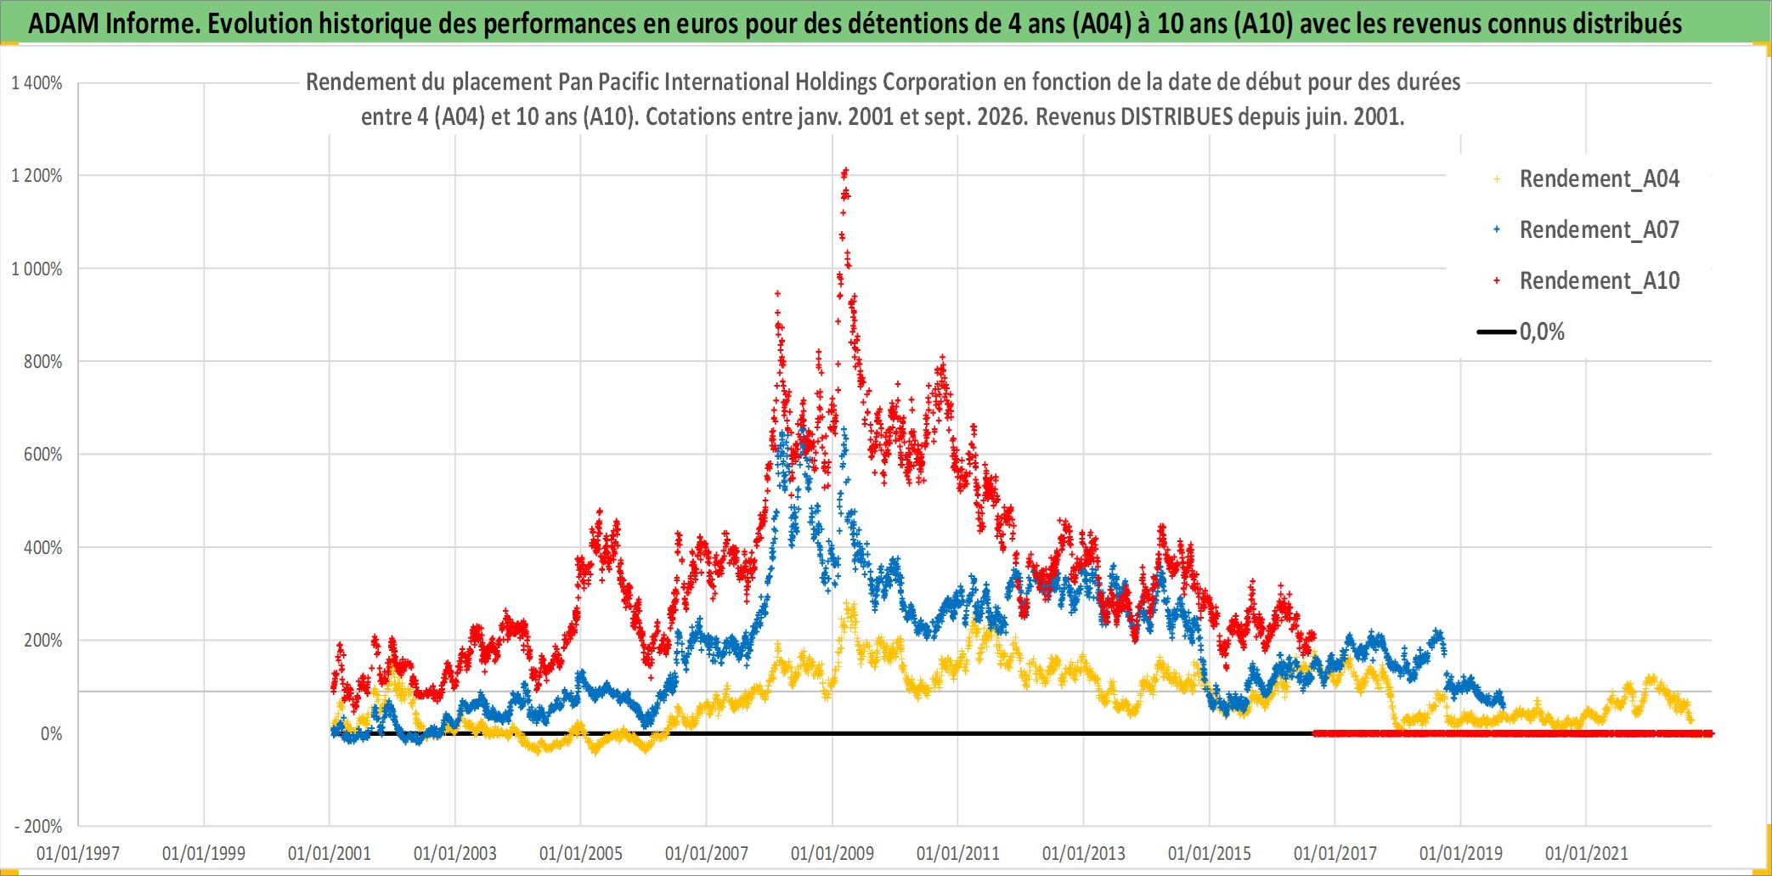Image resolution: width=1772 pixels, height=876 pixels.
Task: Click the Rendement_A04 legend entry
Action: pos(1586,179)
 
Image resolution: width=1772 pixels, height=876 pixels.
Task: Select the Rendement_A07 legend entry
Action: pos(1586,230)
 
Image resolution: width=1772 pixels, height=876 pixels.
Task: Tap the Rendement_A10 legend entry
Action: pos(1586,281)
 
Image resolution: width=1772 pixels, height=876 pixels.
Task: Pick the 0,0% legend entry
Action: pos(1521,331)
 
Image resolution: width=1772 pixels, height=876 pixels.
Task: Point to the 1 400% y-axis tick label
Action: pos(37,83)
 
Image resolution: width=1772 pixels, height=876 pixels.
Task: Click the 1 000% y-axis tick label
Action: pos(37,269)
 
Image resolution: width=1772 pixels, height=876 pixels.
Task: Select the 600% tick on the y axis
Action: pos(42,455)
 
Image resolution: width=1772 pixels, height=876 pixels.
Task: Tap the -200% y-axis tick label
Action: pos(39,826)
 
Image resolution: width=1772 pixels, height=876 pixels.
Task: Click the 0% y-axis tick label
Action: pos(51,734)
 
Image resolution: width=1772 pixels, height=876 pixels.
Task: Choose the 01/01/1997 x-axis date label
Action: pos(78,853)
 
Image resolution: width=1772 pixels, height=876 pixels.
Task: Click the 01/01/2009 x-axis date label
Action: pos(832,853)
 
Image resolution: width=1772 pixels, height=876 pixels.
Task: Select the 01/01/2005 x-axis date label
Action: pos(581,853)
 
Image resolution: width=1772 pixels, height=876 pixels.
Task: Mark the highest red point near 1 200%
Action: pos(845,171)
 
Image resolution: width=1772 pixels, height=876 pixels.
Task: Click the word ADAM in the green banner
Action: pos(64,24)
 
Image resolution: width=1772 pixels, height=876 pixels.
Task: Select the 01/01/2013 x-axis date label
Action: pos(1084,853)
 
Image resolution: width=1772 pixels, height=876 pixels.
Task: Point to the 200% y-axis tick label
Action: pos(42,641)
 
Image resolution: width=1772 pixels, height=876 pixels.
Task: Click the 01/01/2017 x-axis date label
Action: pos(1335,853)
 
